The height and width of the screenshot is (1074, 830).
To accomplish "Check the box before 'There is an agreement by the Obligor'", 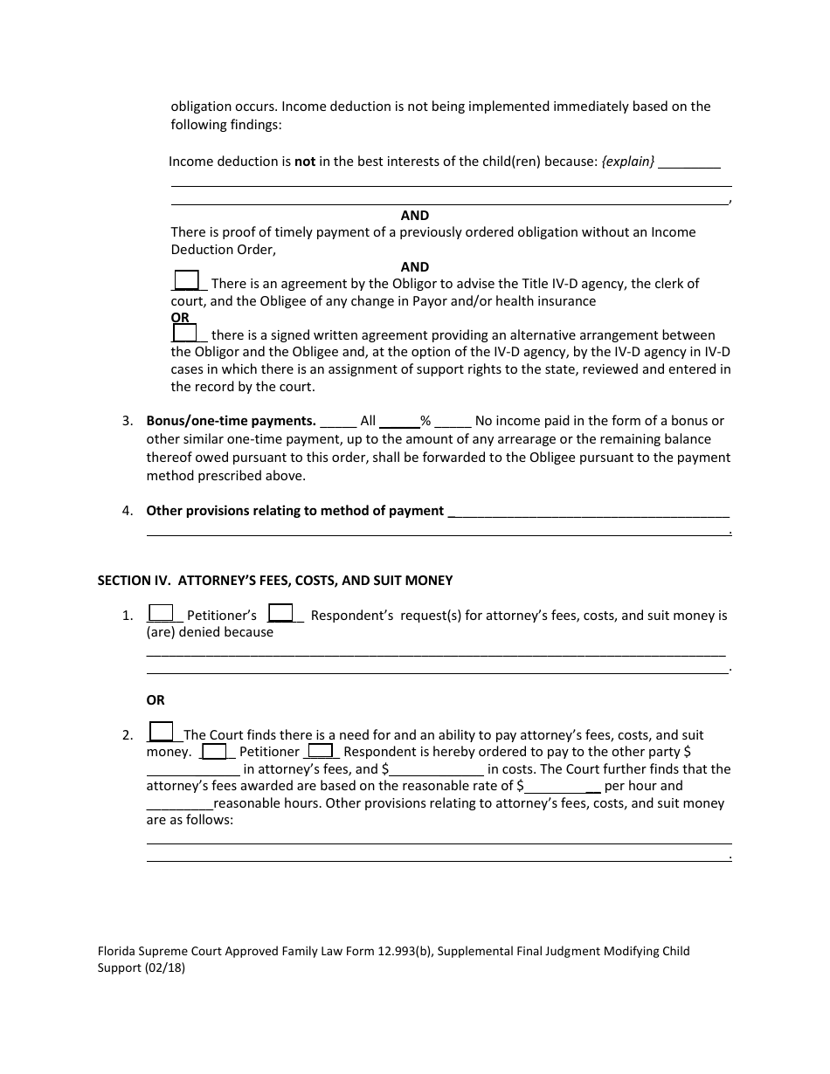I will pyautogui.click(x=186, y=280).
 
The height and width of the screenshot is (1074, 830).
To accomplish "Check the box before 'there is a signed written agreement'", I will pyautogui.click(x=184, y=333).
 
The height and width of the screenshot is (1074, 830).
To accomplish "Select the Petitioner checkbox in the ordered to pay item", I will pyautogui.click(x=215, y=751).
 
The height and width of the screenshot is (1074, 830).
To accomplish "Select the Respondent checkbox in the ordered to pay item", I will pyautogui.click(x=321, y=751).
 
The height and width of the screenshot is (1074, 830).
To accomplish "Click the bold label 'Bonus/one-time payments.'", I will pyautogui.click(x=231, y=421).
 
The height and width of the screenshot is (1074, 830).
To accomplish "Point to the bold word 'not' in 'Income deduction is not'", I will pyautogui.click(x=304, y=162).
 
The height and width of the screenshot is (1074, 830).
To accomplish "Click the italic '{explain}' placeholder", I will pyautogui.click(x=628, y=162).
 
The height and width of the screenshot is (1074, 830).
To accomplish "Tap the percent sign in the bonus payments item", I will pyautogui.click(x=425, y=422).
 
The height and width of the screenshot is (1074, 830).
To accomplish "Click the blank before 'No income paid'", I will pyautogui.click(x=453, y=422).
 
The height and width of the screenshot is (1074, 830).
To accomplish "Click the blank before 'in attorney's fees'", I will pyautogui.click(x=192, y=770).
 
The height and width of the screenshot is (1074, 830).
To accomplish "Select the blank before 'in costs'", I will pyautogui.click(x=437, y=770).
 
